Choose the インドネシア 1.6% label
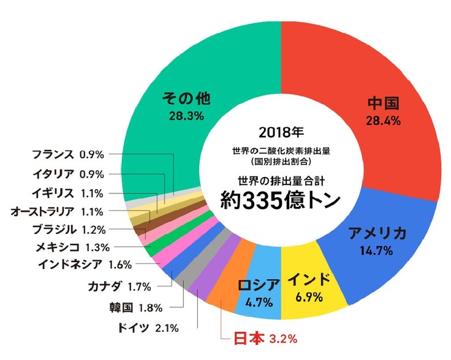click(x=83, y=266)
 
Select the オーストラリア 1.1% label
click(x=58, y=212)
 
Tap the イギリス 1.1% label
click(x=68, y=193)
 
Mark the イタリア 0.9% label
click(x=68, y=173)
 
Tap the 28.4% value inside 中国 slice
click(x=383, y=120)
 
